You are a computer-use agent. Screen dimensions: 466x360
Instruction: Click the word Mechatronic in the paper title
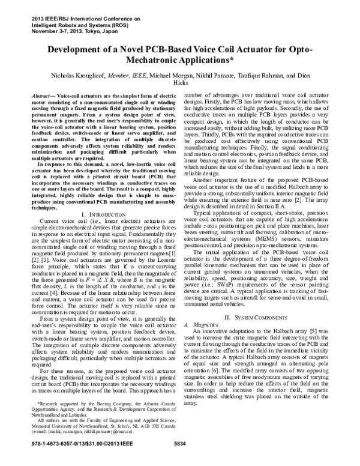tap(160, 61)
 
